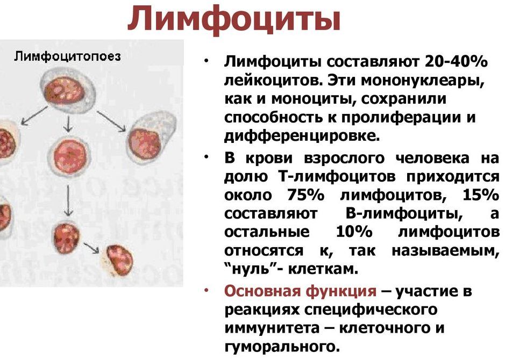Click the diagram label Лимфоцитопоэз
coord(67,56)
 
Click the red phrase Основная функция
coord(300,291)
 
